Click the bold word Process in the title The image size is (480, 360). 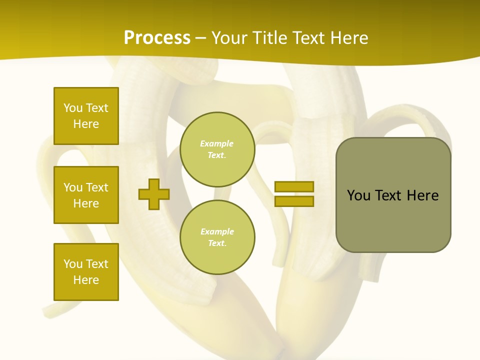tap(157, 38)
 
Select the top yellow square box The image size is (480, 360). tap(86, 116)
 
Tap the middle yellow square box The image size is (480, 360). tap(86, 195)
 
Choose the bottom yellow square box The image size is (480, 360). tap(86, 271)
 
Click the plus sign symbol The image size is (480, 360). tap(154, 194)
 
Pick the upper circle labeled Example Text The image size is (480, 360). tap(217, 149)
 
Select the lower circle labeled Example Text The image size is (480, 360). tap(217, 237)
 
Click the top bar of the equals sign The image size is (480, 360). tap(294, 186)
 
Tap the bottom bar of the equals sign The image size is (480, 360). tap(294, 201)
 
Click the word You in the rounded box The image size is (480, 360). tap(358, 195)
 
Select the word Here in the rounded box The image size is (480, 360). tap(422, 195)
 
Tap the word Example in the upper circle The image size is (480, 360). tap(216, 143)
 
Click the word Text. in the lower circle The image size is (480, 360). tap(217, 243)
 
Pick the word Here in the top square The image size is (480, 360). tap(86, 124)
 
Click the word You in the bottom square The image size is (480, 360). tap(73, 263)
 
